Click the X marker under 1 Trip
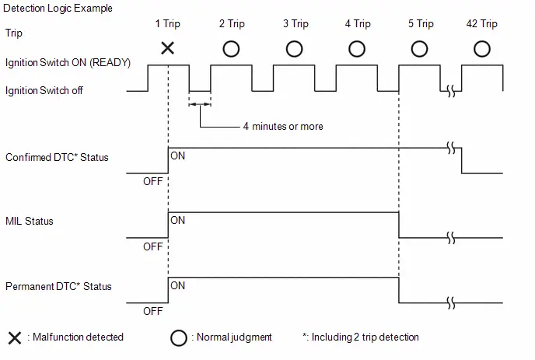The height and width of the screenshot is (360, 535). click(x=167, y=48)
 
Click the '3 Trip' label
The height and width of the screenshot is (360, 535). click(x=295, y=24)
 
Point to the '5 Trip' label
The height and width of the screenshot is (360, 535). click(x=421, y=24)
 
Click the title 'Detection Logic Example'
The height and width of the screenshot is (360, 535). click(x=58, y=9)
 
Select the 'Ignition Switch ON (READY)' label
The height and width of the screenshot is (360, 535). click(x=68, y=63)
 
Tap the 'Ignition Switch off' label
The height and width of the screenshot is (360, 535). click(x=44, y=91)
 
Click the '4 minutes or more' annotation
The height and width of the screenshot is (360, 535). click(x=283, y=127)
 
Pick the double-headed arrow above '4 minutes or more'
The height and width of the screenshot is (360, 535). click(x=200, y=104)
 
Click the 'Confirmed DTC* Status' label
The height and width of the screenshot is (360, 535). click(x=57, y=157)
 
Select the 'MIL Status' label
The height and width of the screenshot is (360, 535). click(x=30, y=221)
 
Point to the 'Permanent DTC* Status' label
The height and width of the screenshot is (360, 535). click(x=58, y=286)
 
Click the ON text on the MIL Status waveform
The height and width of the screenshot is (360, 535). click(x=178, y=221)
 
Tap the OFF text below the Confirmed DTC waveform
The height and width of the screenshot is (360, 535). click(x=153, y=181)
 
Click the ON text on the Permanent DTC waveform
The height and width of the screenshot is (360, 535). click(x=178, y=285)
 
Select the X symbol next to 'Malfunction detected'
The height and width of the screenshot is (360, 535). click(x=15, y=337)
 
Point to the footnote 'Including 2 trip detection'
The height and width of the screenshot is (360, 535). click(x=365, y=337)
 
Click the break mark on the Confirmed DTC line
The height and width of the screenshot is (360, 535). click(x=451, y=149)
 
